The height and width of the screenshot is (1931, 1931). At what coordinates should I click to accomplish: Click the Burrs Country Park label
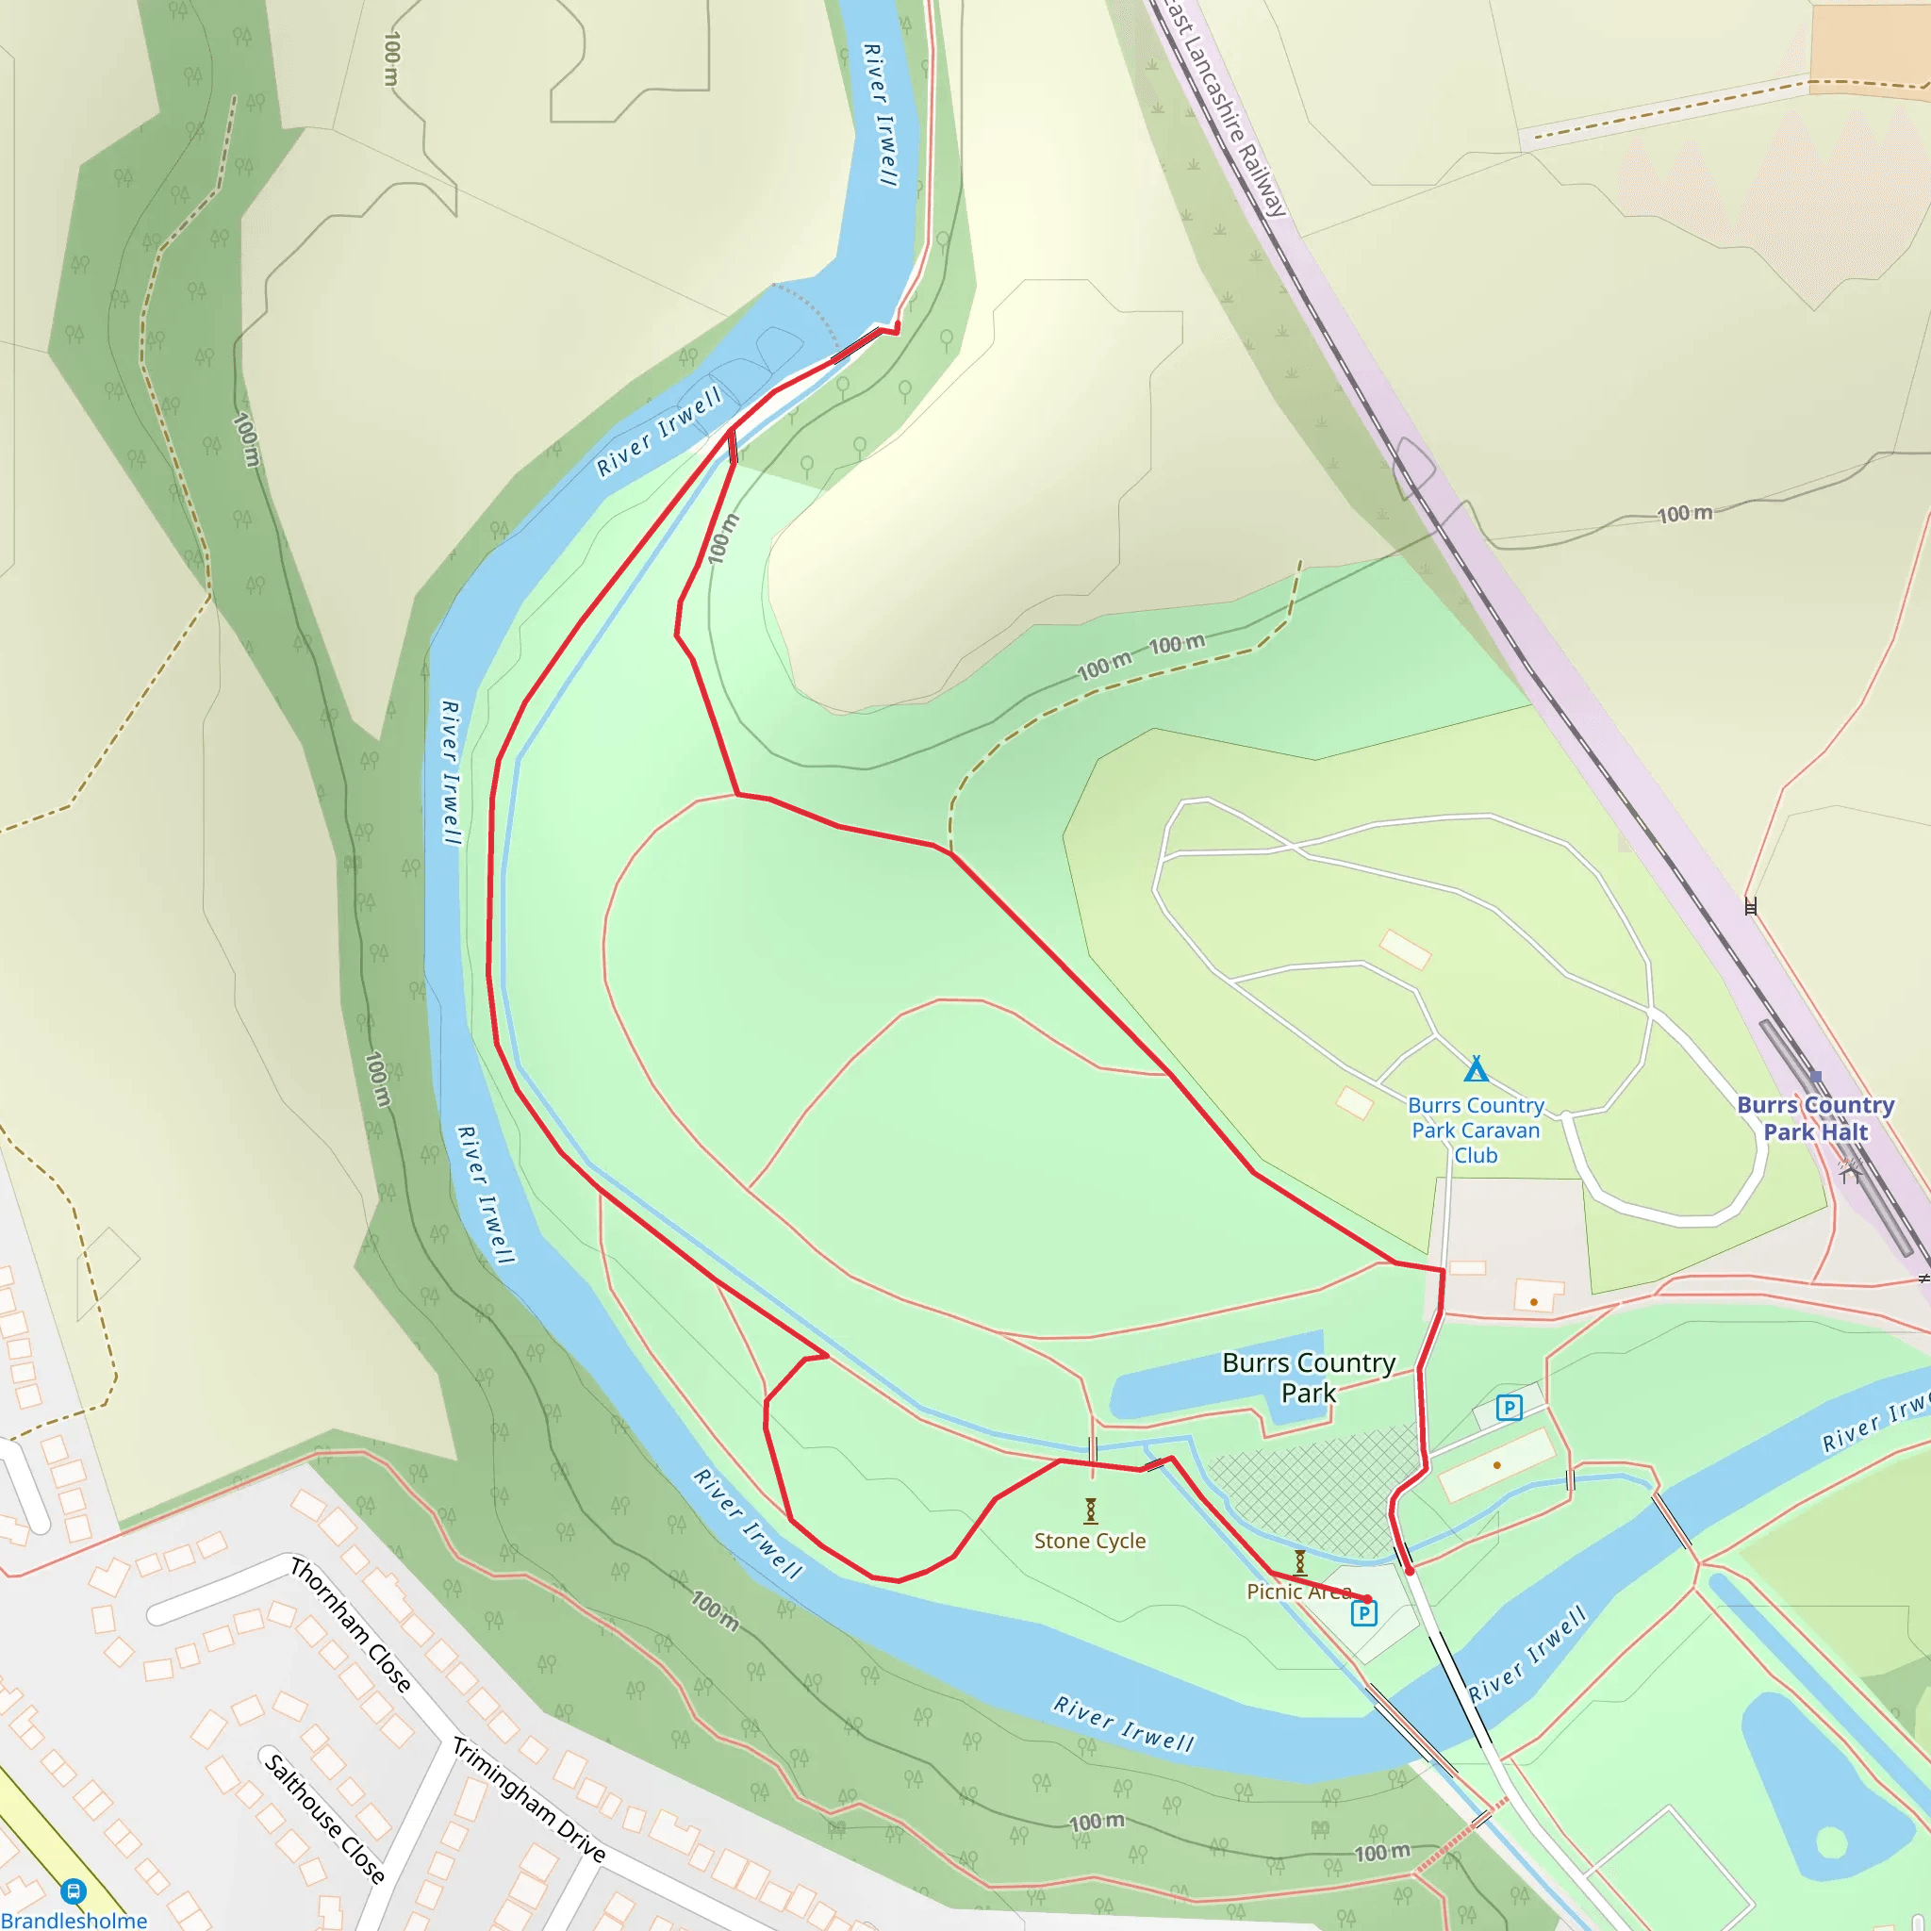pyautogui.click(x=1308, y=1378)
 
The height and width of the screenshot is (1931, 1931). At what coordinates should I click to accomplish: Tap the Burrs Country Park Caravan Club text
pyautogui.click(x=1476, y=1131)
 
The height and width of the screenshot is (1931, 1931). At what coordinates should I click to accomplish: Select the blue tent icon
pyautogui.click(x=1476, y=1069)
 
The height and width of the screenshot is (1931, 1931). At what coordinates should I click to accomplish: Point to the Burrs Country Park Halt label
pyautogui.click(x=1815, y=1118)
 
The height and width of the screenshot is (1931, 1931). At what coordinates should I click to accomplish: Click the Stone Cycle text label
pyautogui.click(x=1089, y=1541)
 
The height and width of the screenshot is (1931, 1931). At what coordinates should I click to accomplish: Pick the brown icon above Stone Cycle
pyautogui.click(x=1091, y=1510)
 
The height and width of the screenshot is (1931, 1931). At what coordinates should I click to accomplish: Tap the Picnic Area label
pyautogui.click(x=1298, y=1592)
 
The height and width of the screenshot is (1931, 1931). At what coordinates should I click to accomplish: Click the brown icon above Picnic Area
pyautogui.click(x=1299, y=1561)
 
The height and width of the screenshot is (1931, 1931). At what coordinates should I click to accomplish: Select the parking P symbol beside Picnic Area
pyautogui.click(x=1363, y=1613)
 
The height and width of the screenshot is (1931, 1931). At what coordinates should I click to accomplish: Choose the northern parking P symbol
pyautogui.click(x=1509, y=1409)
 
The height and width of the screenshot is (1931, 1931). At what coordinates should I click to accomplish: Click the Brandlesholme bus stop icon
pyautogui.click(x=73, y=1891)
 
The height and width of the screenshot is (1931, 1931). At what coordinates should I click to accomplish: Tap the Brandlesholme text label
pyautogui.click(x=74, y=1919)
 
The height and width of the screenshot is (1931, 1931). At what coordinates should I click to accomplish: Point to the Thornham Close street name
pyautogui.click(x=350, y=1626)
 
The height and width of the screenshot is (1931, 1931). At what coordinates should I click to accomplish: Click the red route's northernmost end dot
pyautogui.click(x=896, y=328)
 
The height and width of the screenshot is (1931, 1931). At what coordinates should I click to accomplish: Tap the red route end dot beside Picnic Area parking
pyautogui.click(x=1366, y=1599)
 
